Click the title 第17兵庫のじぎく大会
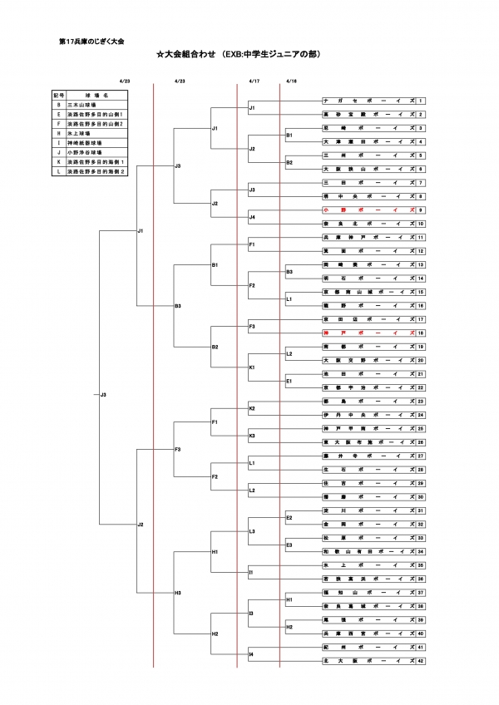92,40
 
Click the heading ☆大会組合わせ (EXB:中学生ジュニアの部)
238,55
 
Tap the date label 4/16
291,81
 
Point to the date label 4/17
254,81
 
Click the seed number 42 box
421,660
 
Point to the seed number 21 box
421,373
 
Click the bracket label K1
252,367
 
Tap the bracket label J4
252,217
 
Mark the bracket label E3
289,545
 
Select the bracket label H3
178,593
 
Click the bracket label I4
251,653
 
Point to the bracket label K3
252,435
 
